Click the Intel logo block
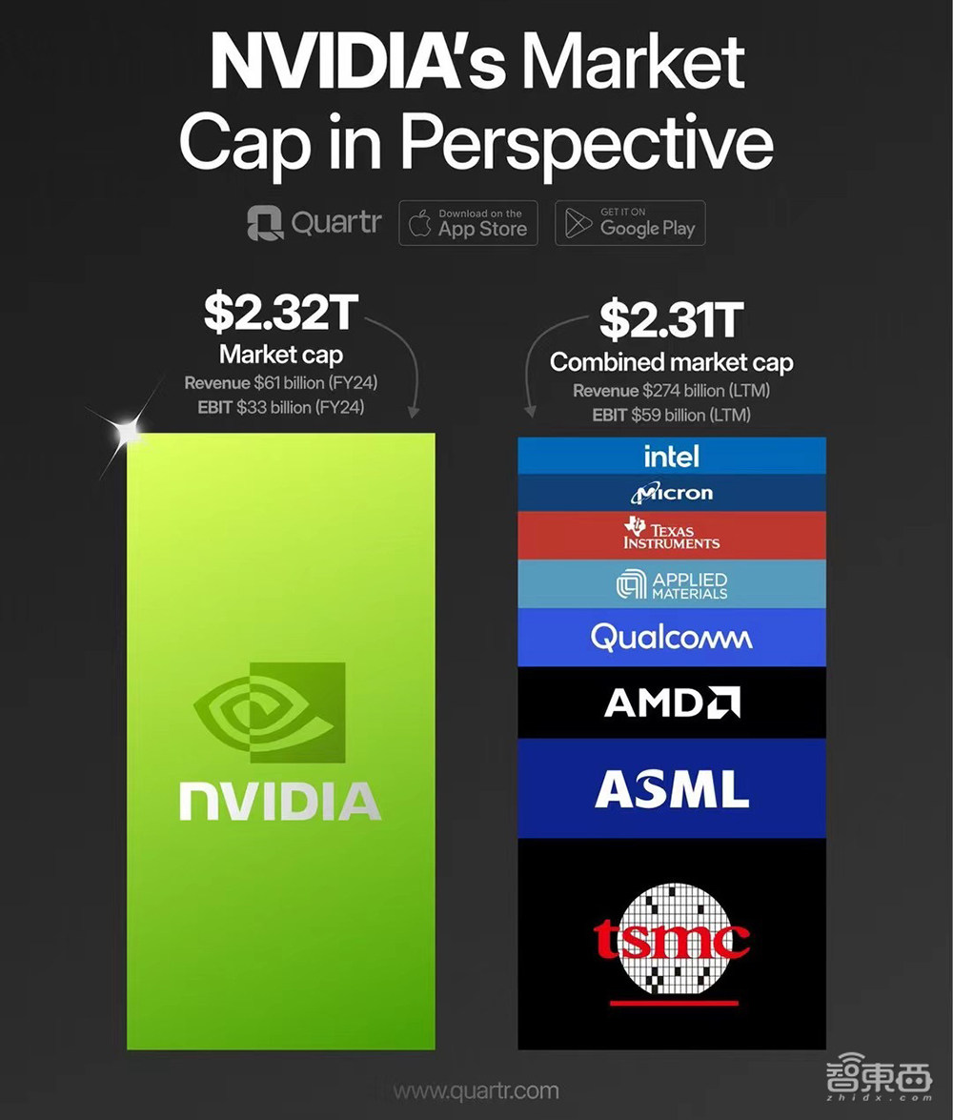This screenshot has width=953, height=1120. click(x=671, y=456)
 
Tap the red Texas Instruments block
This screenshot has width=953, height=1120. click(x=671, y=535)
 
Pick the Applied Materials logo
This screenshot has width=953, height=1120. click(x=671, y=584)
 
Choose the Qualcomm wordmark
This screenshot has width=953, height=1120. click(x=671, y=637)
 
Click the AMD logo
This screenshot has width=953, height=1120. click(x=671, y=703)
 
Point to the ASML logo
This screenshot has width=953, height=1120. click(x=671, y=789)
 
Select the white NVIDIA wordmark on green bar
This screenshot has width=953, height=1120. click(x=280, y=801)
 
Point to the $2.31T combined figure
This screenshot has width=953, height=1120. click(x=671, y=320)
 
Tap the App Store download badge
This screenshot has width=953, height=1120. click(x=467, y=224)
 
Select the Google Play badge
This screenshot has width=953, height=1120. click(x=630, y=224)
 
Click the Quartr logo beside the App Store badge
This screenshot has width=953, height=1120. click(x=314, y=224)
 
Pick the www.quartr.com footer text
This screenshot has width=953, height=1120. click(x=476, y=1090)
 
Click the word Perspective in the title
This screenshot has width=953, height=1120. click(x=585, y=143)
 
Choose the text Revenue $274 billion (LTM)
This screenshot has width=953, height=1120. click(x=671, y=391)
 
